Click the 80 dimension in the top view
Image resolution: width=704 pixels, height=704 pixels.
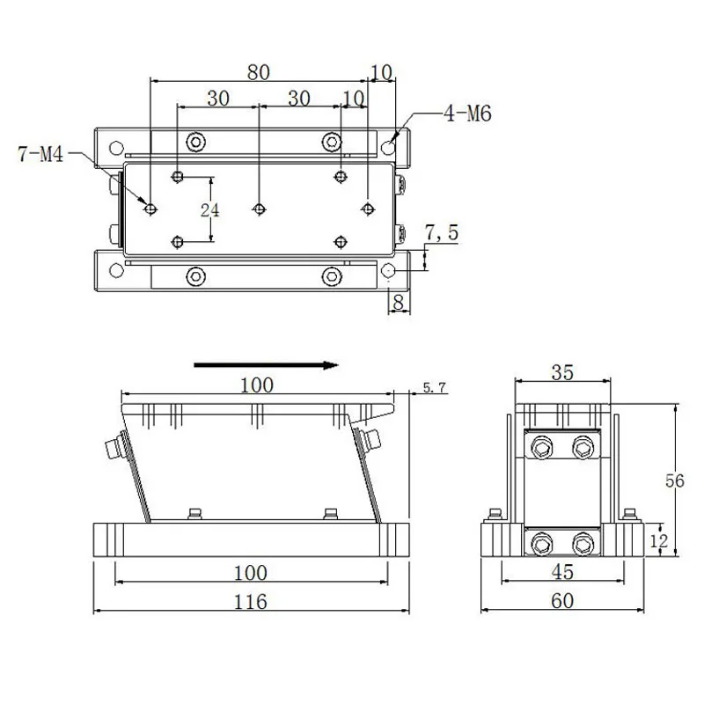point(258,73)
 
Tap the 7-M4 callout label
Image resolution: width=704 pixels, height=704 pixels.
point(40,156)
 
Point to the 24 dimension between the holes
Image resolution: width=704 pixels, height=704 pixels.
point(209,209)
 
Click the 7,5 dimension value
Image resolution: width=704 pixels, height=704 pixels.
point(442,232)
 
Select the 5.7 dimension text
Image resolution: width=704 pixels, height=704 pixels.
point(436,387)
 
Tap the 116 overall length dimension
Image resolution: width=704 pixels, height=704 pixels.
point(251,602)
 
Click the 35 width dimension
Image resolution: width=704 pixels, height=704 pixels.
point(562,372)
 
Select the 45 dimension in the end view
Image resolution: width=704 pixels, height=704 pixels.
point(562,573)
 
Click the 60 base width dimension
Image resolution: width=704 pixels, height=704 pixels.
point(562,602)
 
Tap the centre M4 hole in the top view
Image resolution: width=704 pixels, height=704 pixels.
point(258,209)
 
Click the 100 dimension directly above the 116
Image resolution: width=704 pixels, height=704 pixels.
point(251,573)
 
